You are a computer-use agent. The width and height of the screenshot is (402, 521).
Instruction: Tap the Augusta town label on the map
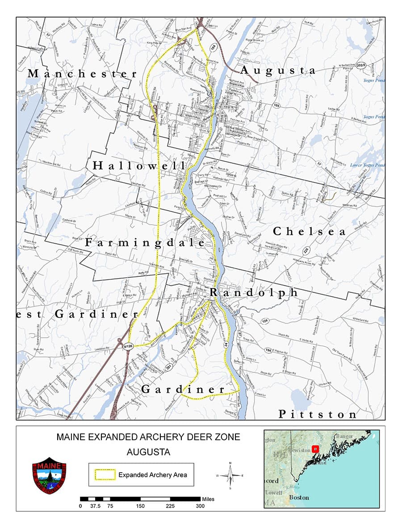(x=278, y=70)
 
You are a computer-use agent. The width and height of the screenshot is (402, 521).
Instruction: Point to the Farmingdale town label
(x=145, y=243)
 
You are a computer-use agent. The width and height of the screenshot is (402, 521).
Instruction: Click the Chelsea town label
(x=309, y=232)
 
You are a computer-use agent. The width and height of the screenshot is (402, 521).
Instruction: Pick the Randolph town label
(x=253, y=292)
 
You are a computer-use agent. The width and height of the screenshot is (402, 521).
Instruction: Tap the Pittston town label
(x=318, y=415)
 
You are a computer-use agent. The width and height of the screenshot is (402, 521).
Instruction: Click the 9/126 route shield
(x=128, y=346)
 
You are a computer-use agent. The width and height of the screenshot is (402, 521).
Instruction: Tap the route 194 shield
(x=268, y=350)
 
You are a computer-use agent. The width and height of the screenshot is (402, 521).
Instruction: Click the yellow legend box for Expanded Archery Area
(x=105, y=474)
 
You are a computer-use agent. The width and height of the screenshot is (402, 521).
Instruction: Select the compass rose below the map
(x=230, y=475)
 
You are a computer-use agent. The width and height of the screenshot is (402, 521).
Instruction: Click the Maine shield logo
(x=49, y=475)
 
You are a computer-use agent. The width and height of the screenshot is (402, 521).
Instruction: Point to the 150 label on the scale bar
(x=140, y=506)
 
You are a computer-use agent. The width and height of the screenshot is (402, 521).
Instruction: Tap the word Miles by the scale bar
(x=208, y=499)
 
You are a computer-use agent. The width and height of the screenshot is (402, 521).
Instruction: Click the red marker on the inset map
(x=316, y=449)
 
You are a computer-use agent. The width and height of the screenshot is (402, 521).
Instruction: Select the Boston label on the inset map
(x=299, y=497)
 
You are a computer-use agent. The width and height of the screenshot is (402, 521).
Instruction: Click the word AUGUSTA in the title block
(x=148, y=452)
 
